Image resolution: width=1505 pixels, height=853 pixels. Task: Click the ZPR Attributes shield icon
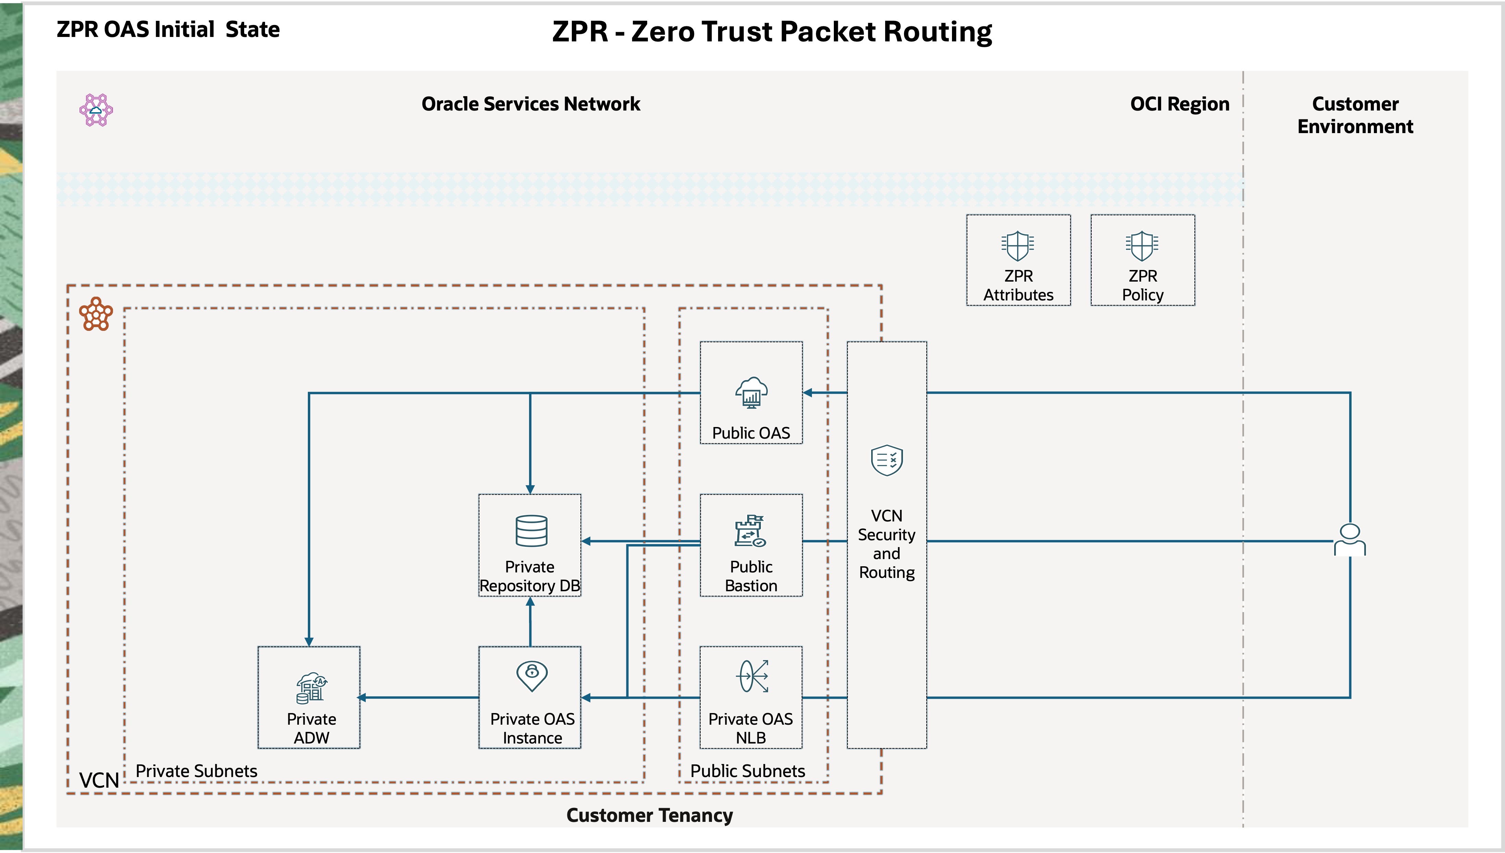pyautogui.click(x=1018, y=245)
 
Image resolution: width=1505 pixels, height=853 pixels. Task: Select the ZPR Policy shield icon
pyautogui.click(x=1141, y=245)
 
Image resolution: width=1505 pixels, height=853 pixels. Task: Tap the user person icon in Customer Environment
pyautogui.click(x=1350, y=540)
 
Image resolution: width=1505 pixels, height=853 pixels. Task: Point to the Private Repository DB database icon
pyautogui.click(x=531, y=530)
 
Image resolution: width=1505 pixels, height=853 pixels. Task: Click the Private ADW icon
pyautogui.click(x=311, y=687)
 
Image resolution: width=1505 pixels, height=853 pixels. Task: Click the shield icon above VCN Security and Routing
pyautogui.click(x=887, y=461)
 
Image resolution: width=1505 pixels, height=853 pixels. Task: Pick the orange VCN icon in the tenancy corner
pyautogui.click(x=96, y=314)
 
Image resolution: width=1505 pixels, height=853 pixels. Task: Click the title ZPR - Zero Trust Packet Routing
pyautogui.click(x=772, y=31)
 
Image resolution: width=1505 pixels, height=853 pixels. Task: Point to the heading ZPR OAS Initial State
pyautogui.click(x=168, y=29)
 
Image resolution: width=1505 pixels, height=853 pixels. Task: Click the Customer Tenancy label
pyautogui.click(x=649, y=815)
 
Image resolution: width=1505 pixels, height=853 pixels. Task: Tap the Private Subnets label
pyautogui.click(x=197, y=771)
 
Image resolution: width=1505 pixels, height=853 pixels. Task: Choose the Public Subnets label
pyautogui.click(x=748, y=771)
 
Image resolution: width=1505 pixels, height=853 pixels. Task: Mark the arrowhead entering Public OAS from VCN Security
pyautogui.click(x=808, y=392)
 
